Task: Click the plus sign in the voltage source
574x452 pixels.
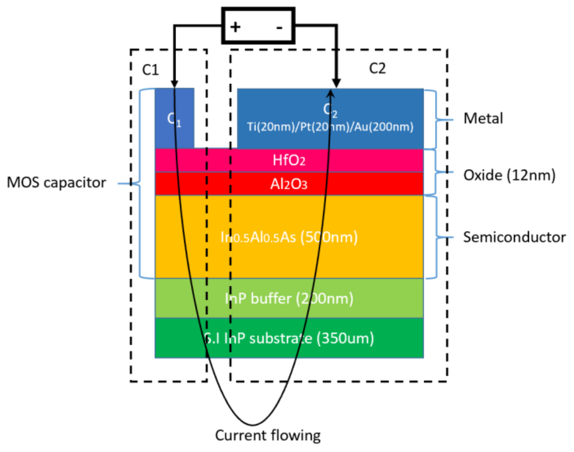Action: tap(235, 27)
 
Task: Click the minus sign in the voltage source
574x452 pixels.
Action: tap(279, 27)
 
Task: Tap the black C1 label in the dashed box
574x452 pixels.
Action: tap(150, 70)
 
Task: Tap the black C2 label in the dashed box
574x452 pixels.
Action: tap(377, 68)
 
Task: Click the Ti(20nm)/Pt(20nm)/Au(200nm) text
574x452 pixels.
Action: tap(330, 127)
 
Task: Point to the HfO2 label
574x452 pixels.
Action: tap(289, 160)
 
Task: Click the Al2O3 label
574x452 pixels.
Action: tap(289, 184)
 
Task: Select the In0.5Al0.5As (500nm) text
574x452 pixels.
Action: tap(289, 237)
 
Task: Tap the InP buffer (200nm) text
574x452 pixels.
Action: tap(289, 298)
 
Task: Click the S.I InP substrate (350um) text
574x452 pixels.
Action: tap(289, 338)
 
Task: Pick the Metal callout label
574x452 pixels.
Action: tap(483, 118)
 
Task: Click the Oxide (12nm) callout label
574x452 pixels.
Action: tap(509, 175)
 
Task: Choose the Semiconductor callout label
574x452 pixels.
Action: tap(514, 237)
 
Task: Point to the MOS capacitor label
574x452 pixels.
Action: tap(56, 182)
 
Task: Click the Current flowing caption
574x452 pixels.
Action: tap(268, 435)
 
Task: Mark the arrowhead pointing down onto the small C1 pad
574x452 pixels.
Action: tap(174, 84)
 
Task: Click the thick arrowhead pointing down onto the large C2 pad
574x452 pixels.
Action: tap(336, 83)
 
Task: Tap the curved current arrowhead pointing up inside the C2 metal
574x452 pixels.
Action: tap(330, 94)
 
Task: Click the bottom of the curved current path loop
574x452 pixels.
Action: tap(253, 425)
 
